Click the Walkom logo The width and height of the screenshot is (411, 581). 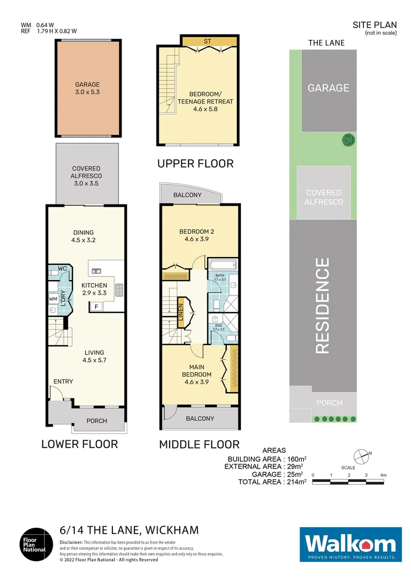(x=350, y=544)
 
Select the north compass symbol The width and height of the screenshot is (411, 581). (x=364, y=456)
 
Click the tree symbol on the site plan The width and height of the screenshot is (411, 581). (x=349, y=140)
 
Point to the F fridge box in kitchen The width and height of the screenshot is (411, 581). (x=96, y=307)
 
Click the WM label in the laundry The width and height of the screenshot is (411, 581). (x=53, y=298)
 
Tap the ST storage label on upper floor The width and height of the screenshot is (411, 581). (x=209, y=41)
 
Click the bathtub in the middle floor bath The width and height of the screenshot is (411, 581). (x=222, y=265)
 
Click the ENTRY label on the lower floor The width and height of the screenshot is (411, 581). (x=63, y=381)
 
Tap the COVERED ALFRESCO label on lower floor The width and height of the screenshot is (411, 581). (x=86, y=172)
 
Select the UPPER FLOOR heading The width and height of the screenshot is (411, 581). (x=195, y=163)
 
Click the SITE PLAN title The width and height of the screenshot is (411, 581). (x=374, y=24)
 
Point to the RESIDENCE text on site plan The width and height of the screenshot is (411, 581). (x=322, y=306)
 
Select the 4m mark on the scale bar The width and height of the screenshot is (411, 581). (x=382, y=475)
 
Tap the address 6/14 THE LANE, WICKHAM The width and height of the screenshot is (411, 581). (x=129, y=530)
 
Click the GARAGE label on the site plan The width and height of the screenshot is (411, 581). (x=328, y=88)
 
